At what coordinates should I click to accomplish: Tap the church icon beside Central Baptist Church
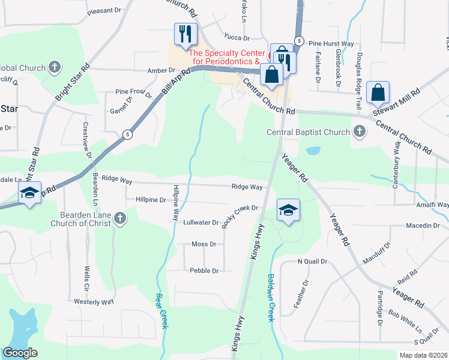[359, 131]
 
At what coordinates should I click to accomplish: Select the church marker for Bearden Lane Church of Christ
[120, 218]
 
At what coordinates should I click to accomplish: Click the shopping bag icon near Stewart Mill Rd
[378, 92]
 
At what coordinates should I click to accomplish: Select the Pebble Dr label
[203, 271]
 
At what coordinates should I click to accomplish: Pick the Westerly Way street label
[94, 301]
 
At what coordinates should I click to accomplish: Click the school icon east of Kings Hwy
[289, 210]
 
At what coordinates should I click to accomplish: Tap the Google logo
[20, 353]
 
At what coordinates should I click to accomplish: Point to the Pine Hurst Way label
[331, 44]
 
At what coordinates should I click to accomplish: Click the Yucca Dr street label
[237, 37]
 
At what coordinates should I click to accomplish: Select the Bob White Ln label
[405, 320]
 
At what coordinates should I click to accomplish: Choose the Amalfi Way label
[434, 205]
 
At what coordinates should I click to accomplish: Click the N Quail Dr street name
[313, 262]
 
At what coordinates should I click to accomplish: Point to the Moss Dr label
[203, 244]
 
